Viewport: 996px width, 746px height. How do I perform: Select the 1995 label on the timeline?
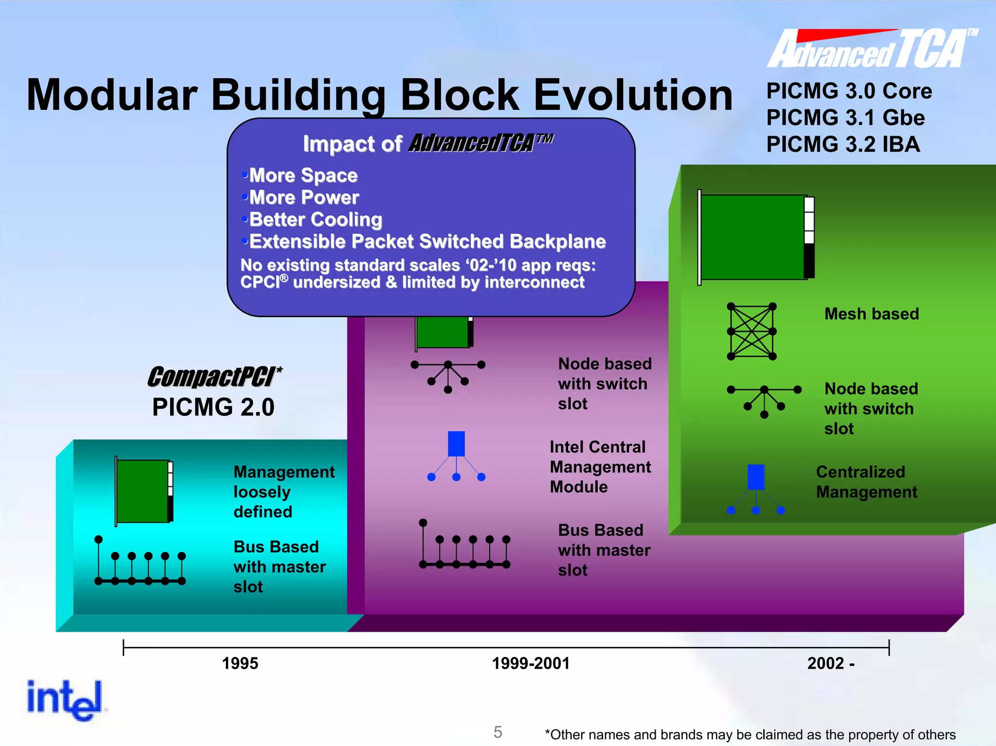pos(240,663)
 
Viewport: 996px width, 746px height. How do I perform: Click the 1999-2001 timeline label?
pos(531,663)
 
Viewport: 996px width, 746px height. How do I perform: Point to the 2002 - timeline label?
pos(831,663)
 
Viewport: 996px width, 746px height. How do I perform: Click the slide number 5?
pos(498,732)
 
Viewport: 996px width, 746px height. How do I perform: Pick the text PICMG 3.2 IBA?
pos(843,144)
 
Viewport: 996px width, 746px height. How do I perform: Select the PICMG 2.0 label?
pos(213,407)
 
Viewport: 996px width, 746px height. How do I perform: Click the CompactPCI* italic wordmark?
pos(214,377)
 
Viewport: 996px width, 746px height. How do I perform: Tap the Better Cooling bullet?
pos(315,219)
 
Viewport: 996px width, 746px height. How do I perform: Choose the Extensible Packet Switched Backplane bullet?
pos(427,242)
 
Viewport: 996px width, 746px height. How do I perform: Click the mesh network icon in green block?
pos(751,331)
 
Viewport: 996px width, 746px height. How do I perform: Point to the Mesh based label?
pos(871,314)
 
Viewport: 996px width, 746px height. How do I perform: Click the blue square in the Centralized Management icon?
pos(756,477)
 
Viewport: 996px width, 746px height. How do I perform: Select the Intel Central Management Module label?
pos(600,467)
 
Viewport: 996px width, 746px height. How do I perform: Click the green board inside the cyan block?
pos(143,491)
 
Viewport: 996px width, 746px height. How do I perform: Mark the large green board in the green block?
pos(753,237)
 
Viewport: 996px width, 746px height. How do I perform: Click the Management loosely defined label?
pos(284,492)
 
